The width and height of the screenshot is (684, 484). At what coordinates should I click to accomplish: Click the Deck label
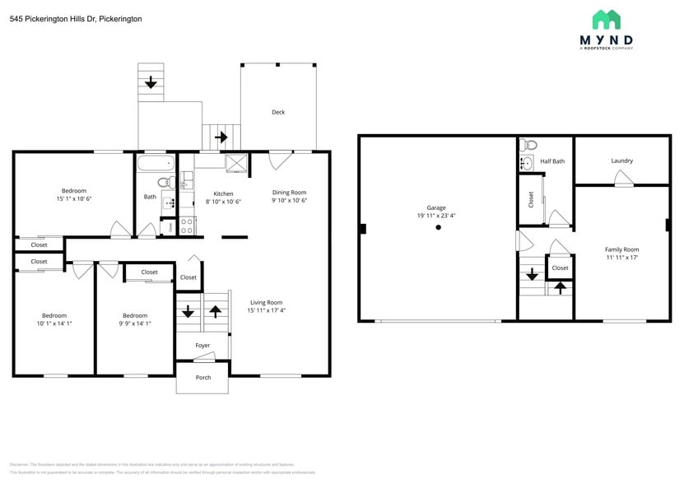pos(278,112)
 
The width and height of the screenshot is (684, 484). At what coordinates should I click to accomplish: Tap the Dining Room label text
pos(289,193)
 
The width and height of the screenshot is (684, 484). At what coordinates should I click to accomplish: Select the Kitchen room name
pos(223,193)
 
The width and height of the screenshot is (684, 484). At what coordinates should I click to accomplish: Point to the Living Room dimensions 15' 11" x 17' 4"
pos(266,310)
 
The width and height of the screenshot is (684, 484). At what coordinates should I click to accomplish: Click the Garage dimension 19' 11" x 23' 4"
pos(436,216)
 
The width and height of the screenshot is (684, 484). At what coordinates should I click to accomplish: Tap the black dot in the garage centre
pos(439,228)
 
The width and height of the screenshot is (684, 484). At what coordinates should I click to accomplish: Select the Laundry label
pos(621,161)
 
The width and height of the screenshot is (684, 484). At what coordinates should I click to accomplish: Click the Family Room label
pos(621,249)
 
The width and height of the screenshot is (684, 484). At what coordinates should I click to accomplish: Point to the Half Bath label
pos(552,161)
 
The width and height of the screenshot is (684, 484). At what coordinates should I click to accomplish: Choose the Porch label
pos(203,378)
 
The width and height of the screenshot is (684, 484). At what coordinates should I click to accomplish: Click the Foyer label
pos(202,346)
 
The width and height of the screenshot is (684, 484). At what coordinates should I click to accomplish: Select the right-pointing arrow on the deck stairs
pos(221,137)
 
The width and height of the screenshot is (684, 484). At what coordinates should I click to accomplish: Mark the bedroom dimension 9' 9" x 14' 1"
pos(135,323)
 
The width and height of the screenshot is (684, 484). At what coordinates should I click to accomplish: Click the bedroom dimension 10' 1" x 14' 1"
pos(54,323)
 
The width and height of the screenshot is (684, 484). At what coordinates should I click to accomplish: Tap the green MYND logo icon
pos(606,20)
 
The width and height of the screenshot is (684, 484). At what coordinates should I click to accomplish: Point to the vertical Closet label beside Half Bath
pos(531,199)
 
